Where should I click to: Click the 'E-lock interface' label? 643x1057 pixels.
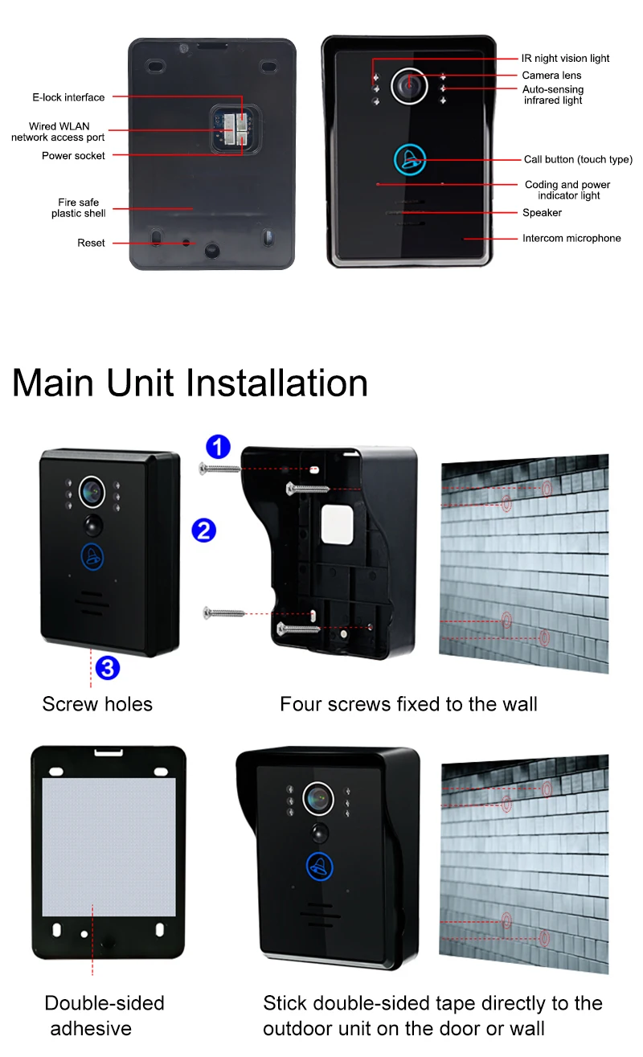(x=68, y=97)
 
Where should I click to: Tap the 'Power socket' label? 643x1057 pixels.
(x=73, y=156)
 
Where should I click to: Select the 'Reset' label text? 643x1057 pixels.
(x=91, y=243)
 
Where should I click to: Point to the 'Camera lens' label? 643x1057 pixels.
(x=551, y=76)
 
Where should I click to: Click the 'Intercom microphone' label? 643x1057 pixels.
(x=571, y=238)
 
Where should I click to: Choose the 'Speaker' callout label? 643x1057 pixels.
(x=542, y=213)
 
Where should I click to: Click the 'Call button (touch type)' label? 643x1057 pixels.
(x=578, y=159)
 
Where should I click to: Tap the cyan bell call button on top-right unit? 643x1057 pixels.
(x=409, y=160)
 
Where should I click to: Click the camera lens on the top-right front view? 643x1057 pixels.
(x=409, y=86)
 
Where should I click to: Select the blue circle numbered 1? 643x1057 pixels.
(x=218, y=446)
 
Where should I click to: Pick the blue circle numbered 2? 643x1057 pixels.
(x=204, y=531)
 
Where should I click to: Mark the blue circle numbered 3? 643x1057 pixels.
(x=108, y=668)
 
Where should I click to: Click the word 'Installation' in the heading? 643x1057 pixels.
(x=277, y=383)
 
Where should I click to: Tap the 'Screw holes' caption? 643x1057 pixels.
(x=97, y=704)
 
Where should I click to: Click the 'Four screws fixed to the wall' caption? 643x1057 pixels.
(x=408, y=704)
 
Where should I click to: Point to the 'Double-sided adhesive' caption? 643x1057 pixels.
(x=104, y=1015)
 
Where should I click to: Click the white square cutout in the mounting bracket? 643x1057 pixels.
(x=337, y=525)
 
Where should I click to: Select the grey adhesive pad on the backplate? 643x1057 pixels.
(x=109, y=847)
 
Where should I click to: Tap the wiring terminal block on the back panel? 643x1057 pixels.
(x=235, y=129)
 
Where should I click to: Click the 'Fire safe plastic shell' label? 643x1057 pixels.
(x=78, y=207)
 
